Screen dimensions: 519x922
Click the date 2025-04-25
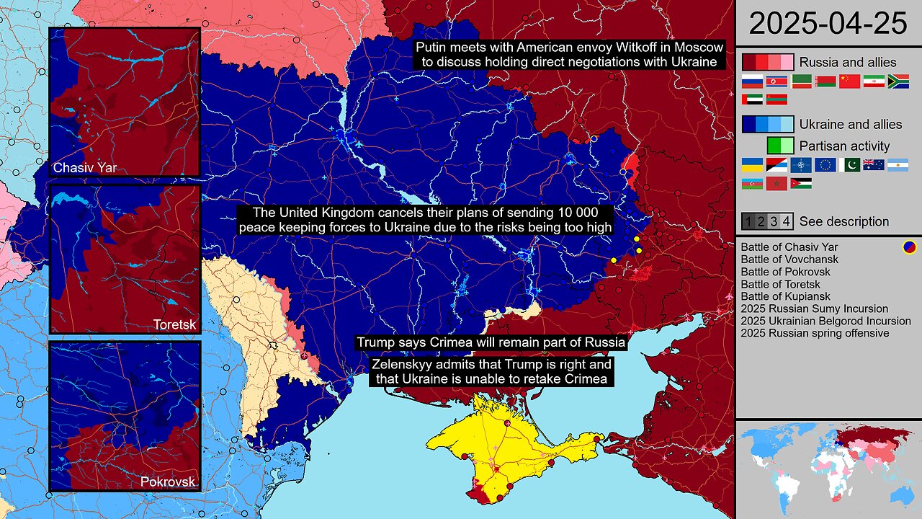point(828,23)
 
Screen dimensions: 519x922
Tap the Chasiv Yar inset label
point(85,169)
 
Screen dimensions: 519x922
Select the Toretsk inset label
point(174,324)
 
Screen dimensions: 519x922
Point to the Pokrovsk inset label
point(168,482)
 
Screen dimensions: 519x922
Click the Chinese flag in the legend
point(849,81)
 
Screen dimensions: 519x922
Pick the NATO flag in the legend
point(801,164)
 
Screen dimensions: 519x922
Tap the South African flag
point(898,81)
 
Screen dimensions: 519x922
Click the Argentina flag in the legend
point(898,164)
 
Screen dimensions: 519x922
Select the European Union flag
point(825,164)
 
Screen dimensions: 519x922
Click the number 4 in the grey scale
point(787,221)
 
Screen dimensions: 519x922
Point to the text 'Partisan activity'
point(844,146)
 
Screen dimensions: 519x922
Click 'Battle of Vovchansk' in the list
point(789,259)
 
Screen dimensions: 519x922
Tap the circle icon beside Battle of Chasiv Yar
point(910,247)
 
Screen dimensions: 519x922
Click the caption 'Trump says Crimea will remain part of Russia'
point(491,342)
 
